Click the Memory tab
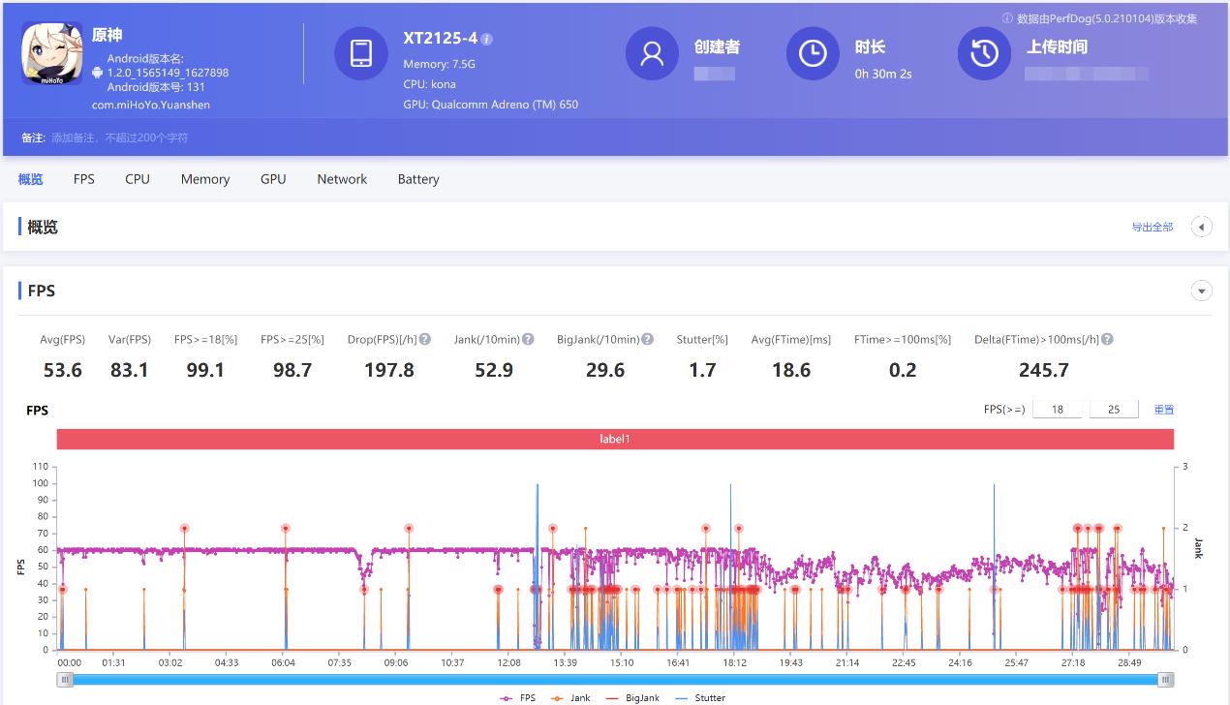pyautogui.click(x=204, y=179)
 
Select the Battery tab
pyautogui.click(x=417, y=179)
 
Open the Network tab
pyautogui.click(x=342, y=179)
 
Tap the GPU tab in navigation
pyautogui.click(x=273, y=179)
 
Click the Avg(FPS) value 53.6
pyautogui.click(x=62, y=370)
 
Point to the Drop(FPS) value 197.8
pyautogui.click(x=388, y=370)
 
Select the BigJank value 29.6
pyautogui.click(x=604, y=370)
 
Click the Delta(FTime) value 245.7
pyautogui.click(x=1043, y=370)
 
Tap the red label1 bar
pyautogui.click(x=615, y=440)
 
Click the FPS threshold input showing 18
pyautogui.click(x=1057, y=410)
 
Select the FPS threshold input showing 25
pyautogui.click(x=1113, y=410)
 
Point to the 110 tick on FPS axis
pyautogui.click(x=40, y=466)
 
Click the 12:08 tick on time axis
pyautogui.click(x=508, y=663)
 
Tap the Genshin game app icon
pyautogui.click(x=51, y=53)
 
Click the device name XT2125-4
pyautogui.click(x=440, y=39)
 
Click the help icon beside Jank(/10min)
pyautogui.click(x=528, y=340)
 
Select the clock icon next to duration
pyautogui.click(x=812, y=53)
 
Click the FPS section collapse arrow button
pyautogui.click(x=1201, y=291)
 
